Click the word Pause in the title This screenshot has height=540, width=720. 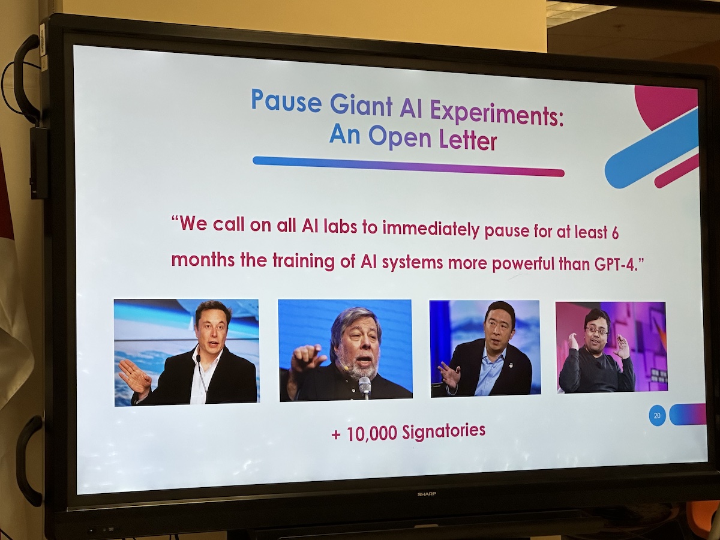point(286,100)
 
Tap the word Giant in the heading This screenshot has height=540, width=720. point(361,106)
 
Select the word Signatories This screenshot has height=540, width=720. point(443,431)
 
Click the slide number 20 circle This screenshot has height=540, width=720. point(657,416)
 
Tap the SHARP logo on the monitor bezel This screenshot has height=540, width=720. point(427,494)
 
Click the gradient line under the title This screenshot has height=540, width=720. point(409,167)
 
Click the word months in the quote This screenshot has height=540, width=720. point(203,260)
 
